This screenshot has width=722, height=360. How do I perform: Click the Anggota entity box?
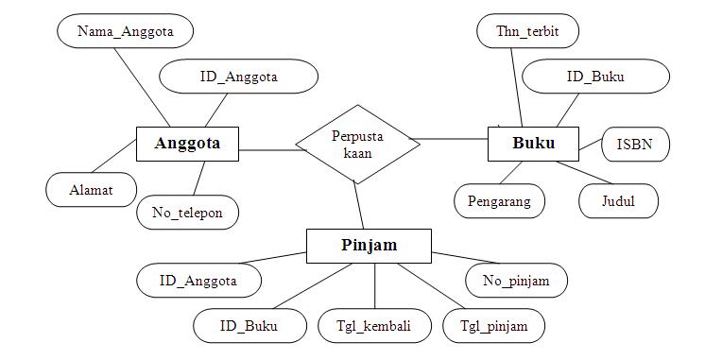[x=187, y=144]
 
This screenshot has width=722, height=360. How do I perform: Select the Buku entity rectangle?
[x=533, y=144]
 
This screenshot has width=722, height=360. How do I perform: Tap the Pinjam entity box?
[x=369, y=246]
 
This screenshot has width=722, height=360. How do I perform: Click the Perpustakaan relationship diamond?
[x=358, y=144]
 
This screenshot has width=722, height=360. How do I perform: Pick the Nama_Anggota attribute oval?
[x=126, y=31]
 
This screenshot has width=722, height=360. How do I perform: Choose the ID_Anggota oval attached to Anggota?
[x=238, y=77]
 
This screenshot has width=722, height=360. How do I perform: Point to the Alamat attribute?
[x=91, y=189]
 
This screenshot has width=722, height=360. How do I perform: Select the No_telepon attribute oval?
[x=187, y=213]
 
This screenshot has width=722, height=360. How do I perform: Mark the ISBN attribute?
[x=636, y=145]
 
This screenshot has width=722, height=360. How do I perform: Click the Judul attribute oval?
[x=618, y=200]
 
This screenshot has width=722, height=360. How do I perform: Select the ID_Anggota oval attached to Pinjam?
[x=198, y=280]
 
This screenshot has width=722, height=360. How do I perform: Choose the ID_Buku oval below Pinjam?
[x=249, y=326]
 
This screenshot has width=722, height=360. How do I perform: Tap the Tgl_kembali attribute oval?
[x=374, y=326]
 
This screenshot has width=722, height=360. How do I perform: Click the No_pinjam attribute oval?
[x=517, y=280]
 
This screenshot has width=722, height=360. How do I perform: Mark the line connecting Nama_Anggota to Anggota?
[x=142, y=86]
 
